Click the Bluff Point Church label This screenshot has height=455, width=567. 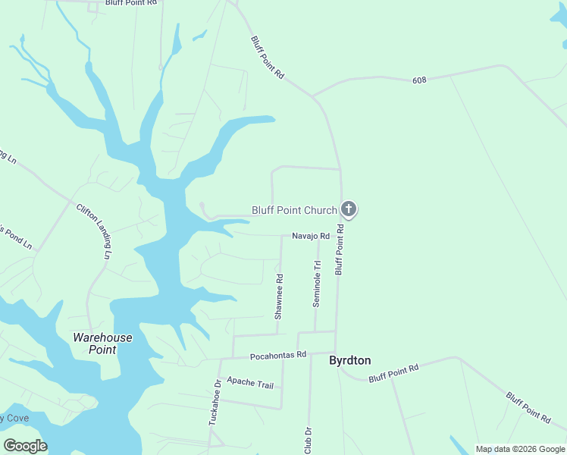point(298,210)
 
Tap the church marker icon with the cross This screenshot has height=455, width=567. point(349,209)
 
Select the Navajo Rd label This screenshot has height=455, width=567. point(311,237)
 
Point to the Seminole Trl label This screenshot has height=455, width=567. point(318,284)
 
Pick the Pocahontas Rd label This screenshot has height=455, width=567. point(277,355)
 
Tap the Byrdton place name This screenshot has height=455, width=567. point(349,361)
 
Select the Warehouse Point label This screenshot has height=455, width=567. point(102,344)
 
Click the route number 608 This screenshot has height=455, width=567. point(421,80)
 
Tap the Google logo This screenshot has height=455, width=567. point(25,446)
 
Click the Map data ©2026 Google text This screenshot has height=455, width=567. point(520,449)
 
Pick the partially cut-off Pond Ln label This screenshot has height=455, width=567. point(15,236)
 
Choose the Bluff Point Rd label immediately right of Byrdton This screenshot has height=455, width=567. point(393,373)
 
